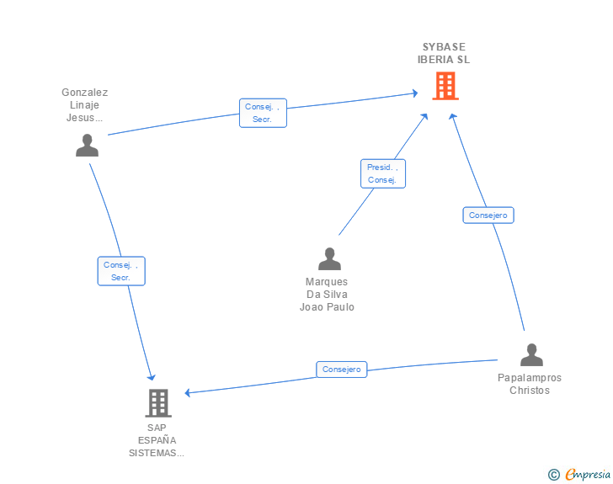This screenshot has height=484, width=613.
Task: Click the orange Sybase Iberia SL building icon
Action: tap(445, 86)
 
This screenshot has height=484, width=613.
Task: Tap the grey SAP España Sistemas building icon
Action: tap(157, 403)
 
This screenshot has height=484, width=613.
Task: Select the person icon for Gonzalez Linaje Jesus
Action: tap(87, 146)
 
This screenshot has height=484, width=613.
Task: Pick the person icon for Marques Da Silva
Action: tap(329, 258)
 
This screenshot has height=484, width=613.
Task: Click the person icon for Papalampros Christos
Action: tap(531, 355)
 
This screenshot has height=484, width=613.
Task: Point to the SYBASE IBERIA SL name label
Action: tap(444, 53)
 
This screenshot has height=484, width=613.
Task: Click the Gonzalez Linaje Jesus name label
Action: tap(85, 105)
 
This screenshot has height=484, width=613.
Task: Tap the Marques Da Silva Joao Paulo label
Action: tap(327, 295)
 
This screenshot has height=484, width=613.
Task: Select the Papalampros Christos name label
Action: tap(530, 384)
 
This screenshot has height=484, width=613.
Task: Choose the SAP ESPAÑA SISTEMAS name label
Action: tap(157, 440)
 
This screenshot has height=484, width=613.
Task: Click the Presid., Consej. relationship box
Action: tap(382, 173)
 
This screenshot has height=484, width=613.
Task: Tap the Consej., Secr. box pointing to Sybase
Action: tap(263, 113)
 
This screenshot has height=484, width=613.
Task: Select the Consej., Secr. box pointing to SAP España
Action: tap(121, 271)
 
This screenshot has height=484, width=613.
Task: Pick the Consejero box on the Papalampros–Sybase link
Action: tap(488, 215)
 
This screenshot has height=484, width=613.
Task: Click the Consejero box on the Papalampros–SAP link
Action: tap(341, 369)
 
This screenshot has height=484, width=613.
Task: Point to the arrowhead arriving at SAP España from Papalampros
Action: tap(189, 392)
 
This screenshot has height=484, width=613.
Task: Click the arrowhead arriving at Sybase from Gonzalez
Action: tap(413, 93)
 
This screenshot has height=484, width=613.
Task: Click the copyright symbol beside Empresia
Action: tap(554, 476)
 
